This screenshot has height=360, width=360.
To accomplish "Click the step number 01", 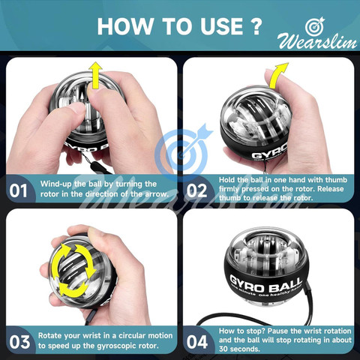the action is pyautogui.click(x=18, y=191).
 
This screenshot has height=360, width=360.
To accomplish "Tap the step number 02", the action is pyautogui.click(x=196, y=191).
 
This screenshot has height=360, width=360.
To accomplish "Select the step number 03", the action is pyautogui.click(x=19, y=342).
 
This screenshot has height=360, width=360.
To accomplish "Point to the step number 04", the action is pyautogui.click(x=197, y=342).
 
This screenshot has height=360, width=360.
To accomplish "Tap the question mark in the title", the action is pyautogui.click(x=255, y=26).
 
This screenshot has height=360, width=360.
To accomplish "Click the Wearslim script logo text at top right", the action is pyautogui.click(x=317, y=42).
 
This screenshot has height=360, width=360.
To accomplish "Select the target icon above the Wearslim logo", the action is pyautogui.click(x=315, y=26).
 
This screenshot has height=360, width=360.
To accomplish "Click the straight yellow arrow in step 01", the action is pyautogui.click(x=96, y=76).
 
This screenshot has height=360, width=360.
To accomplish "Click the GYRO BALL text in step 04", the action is pyautogui.click(x=265, y=284).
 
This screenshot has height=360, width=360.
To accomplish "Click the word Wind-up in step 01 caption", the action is pyautogui.click(x=56, y=184).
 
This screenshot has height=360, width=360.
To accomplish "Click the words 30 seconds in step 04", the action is pyautogui.click(x=239, y=349).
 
